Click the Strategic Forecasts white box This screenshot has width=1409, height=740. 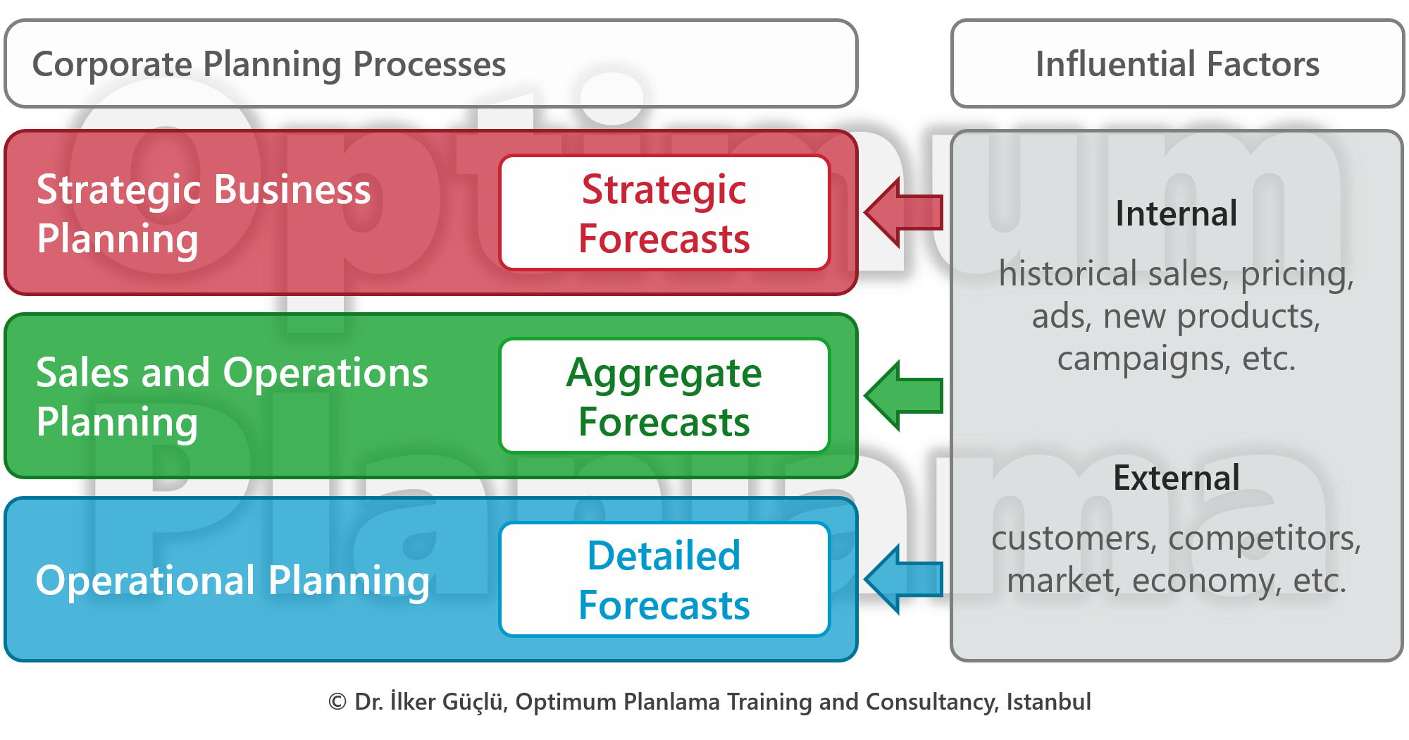[664, 213]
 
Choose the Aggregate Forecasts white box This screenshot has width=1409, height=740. [664, 396]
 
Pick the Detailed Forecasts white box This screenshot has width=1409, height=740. [664, 579]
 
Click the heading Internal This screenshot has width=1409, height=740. [1176, 214]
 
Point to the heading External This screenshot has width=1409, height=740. [1176, 478]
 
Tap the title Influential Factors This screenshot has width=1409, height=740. [1177, 64]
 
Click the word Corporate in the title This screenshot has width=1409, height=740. [112, 65]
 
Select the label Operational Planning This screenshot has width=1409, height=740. [232, 581]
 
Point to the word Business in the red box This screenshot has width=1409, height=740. [292, 190]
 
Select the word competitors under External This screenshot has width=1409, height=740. [1264, 538]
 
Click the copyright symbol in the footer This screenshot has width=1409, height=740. [337, 702]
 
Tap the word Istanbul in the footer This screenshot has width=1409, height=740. [1048, 702]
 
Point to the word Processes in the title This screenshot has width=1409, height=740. [429, 65]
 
